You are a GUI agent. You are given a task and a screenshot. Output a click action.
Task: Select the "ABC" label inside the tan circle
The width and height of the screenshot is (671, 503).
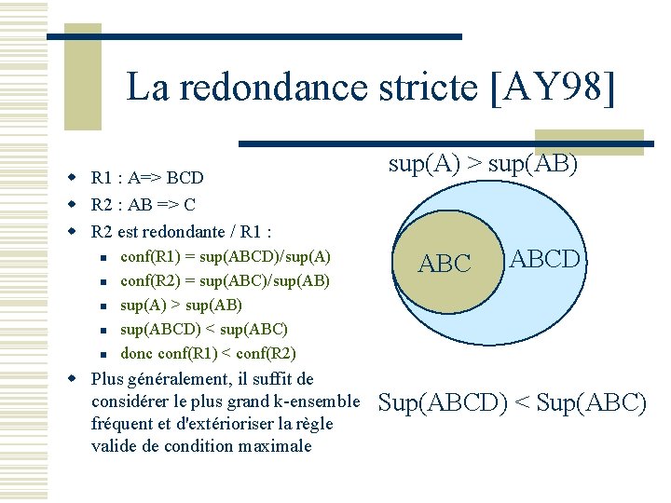click(x=445, y=265)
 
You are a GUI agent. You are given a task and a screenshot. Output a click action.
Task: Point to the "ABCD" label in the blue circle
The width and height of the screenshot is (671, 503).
click(x=545, y=258)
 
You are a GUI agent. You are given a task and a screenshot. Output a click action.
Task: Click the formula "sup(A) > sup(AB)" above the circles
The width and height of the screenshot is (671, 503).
click(x=483, y=165)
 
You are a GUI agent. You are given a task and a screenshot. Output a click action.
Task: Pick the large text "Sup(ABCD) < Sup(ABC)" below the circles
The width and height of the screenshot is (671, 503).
click(x=512, y=403)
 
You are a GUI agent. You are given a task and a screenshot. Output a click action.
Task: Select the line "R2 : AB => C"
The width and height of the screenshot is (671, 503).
click(x=144, y=204)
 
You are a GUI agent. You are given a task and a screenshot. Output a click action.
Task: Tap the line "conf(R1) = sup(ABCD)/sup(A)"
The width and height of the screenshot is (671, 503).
click(x=226, y=256)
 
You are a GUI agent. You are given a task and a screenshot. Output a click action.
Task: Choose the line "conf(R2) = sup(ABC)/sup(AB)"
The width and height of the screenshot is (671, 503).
click(x=226, y=280)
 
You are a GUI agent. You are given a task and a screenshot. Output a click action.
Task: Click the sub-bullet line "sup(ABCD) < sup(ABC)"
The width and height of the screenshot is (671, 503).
click(x=204, y=329)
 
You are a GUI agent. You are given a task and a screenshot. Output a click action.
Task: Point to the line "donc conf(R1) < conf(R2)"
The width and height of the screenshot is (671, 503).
click(x=208, y=353)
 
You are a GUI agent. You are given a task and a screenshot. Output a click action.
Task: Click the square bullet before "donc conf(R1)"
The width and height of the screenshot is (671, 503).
click(x=105, y=354)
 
